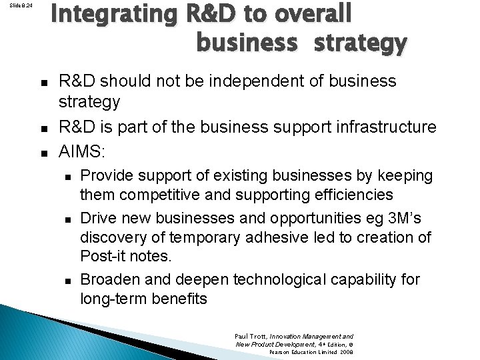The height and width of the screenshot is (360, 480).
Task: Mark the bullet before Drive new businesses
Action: coord(66,218)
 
